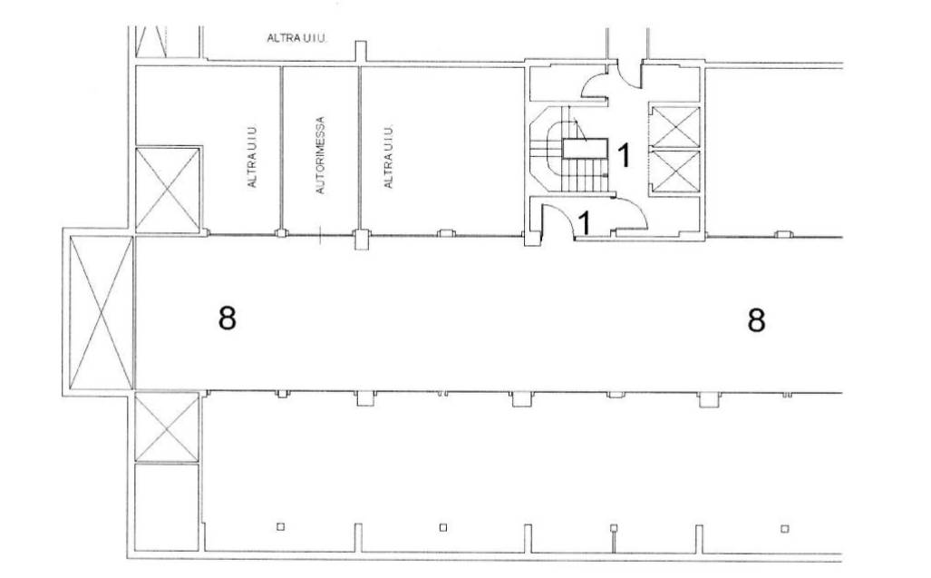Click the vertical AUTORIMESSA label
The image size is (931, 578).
click(x=320, y=155)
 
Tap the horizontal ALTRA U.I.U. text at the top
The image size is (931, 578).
click(x=297, y=39)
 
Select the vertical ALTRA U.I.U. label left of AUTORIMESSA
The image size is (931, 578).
click(x=252, y=156)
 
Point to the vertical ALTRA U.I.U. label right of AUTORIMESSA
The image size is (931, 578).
click(x=388, y=156)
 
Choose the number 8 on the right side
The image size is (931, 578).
click(x=756, y=320)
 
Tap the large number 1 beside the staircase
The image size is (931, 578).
click(x=624, y=155)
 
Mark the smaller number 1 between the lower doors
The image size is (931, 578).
click(x=585, y=223)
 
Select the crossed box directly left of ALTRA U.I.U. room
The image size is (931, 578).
click(x=168, y=190)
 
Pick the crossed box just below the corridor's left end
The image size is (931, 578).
click(x=167, y=426)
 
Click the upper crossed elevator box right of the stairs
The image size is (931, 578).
click(x=675, y=126)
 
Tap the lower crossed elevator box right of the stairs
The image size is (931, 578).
click(x=675, y=171)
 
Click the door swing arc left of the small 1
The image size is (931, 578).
click(x=561, y=215)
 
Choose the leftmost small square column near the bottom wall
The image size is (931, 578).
click(x=280, y=526)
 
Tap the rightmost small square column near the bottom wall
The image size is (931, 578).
click(x=784, y=529)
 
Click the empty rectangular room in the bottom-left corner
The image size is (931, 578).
click(x=167, y=506)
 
